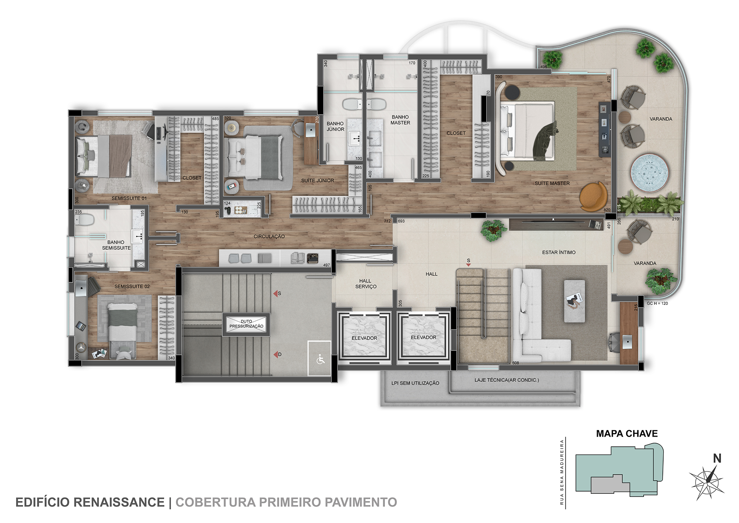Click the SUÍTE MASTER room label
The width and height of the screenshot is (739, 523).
pyautogui.click(x=552, y=183)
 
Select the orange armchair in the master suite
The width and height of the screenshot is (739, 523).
pyautogui.click(x=593, y=196)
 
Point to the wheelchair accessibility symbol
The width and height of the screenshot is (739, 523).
pyautogui.click(x=320, y=359)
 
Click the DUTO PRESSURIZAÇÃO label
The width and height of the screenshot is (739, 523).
pyautogui.click(x=247, y=324)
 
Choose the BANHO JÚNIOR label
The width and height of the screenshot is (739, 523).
pyautogui.click(x=335, y=126)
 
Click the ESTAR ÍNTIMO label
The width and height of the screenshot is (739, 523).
pyautogui.click(x=559, y=252)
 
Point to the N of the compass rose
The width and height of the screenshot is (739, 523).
pyautogui.click(x=717, y=458)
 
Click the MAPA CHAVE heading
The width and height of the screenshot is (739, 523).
pyautogui.click(x=627, y=434)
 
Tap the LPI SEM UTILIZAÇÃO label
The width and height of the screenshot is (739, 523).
pyautogui.click(x=415, y=383)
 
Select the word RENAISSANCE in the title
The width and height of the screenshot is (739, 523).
pyautogui.click(x=119, y=502)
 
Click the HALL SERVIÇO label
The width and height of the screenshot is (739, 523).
pyautogui.click(x=366, y=284)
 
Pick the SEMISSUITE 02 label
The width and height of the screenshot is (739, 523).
pyautogui.click(x=132, y=286)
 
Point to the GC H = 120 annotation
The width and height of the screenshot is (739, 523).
pyautogui.click(x=657, y=303)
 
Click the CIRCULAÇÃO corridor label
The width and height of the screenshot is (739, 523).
pyautogui.click(x=269, y=237)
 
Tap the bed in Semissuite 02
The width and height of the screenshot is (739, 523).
pyautogui.click(x=122, y=331)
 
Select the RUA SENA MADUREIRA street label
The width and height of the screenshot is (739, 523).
pyautogui.click(x=562, y=472)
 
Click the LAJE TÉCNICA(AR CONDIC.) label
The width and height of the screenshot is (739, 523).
pyautogui.click(x=506, y=380)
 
